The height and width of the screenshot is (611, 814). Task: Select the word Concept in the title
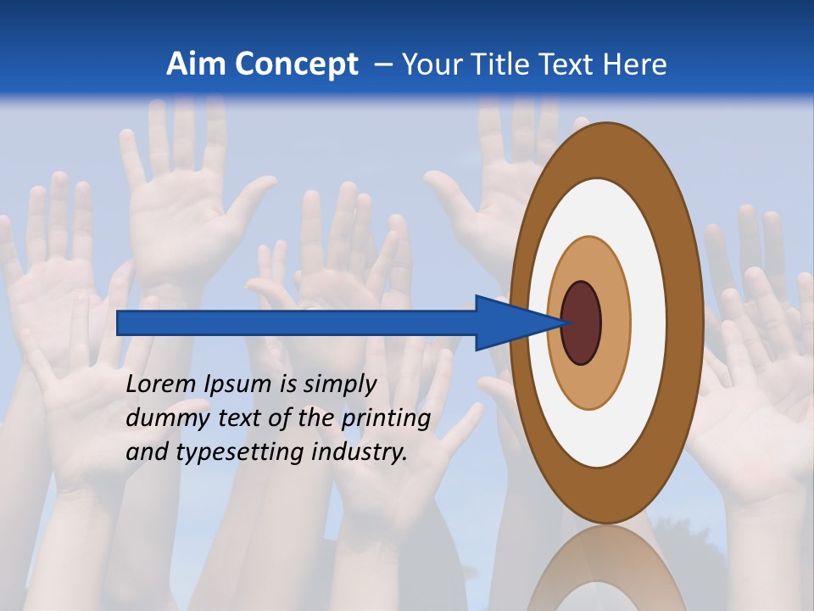(x=296, y=64)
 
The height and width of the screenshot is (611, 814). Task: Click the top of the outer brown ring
(x=605, y=149)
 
